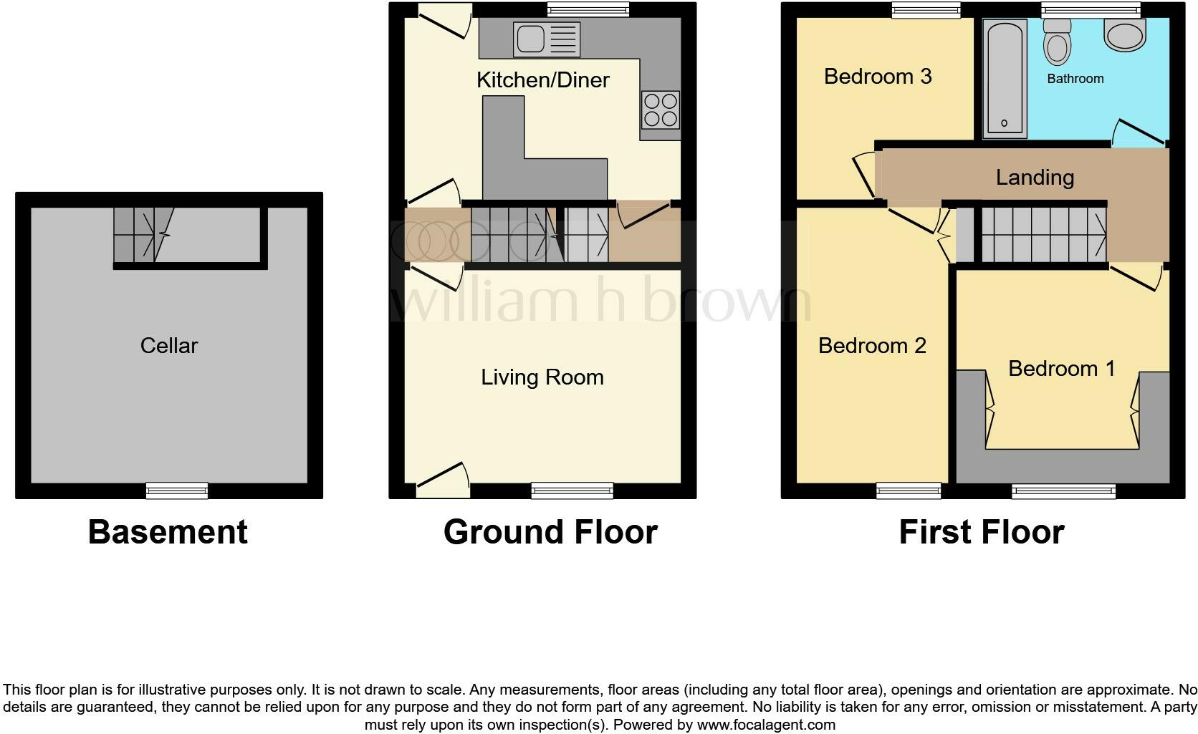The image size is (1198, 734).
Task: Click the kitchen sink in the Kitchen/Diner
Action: click(546, 39)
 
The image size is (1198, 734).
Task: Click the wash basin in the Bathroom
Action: click(1125, 34)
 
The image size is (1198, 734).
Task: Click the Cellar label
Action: click(169, 346)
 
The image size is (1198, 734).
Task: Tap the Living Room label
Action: click(542, 377)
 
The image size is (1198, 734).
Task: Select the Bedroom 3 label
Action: click(877, 77)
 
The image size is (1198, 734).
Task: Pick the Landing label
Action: click(1035, 178)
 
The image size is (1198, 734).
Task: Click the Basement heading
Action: click(168, 532)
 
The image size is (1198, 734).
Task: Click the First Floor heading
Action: click(981, 532)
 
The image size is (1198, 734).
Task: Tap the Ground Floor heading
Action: click(550, 532)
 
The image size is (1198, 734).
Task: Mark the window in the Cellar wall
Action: click(176, 491)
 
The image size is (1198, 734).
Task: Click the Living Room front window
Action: click(572, 491)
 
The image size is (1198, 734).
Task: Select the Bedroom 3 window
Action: click(926, 9)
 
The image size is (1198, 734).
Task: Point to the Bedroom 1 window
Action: click(1063, 491)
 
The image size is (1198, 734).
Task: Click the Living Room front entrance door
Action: click(443, 481)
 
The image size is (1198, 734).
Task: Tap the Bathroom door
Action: click(1139, 132)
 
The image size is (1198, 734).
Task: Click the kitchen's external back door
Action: click(445, 21)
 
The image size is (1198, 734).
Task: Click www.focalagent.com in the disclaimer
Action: click(766, 724)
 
